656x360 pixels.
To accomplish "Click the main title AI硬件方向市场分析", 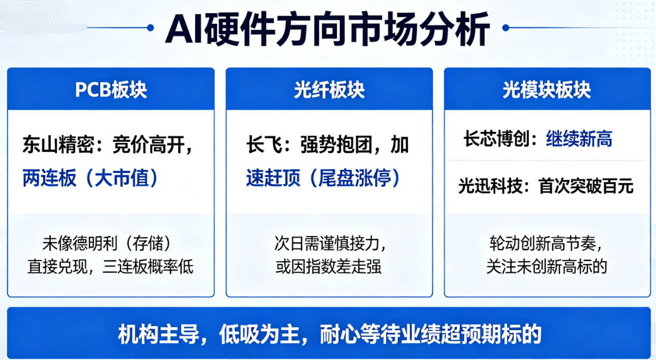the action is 327,29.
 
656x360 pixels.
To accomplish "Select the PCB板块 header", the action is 111,89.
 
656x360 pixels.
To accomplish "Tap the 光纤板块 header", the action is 329,89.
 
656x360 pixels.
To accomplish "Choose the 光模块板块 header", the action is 547,89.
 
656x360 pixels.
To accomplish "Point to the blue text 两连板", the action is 49,178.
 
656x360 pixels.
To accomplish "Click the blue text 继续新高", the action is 579,139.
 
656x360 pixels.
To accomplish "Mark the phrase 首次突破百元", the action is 586,186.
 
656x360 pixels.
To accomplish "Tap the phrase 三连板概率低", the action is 148,266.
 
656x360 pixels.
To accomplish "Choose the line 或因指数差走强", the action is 329,266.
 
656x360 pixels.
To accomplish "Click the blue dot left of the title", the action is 151,28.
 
